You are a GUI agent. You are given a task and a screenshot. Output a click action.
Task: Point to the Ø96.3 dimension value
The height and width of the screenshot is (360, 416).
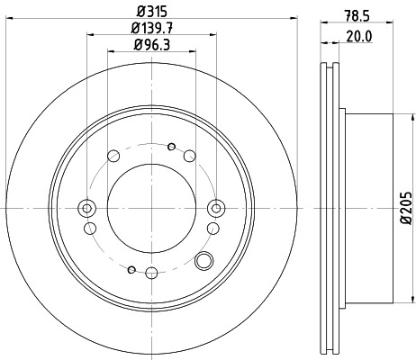click(151, 46)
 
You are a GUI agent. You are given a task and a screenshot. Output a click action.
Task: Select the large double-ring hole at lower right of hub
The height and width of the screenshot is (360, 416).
click(204, 262)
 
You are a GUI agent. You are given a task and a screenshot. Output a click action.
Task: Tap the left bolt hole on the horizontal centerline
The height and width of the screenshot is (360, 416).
click(87, 209)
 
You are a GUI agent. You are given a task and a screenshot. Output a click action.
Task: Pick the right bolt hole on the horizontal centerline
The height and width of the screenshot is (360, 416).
click(215, 209)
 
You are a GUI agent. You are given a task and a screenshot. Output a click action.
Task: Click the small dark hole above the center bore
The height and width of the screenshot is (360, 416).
click(172, 145)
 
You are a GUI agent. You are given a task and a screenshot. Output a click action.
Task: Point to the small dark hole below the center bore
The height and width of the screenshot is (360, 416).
click(132, 269)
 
